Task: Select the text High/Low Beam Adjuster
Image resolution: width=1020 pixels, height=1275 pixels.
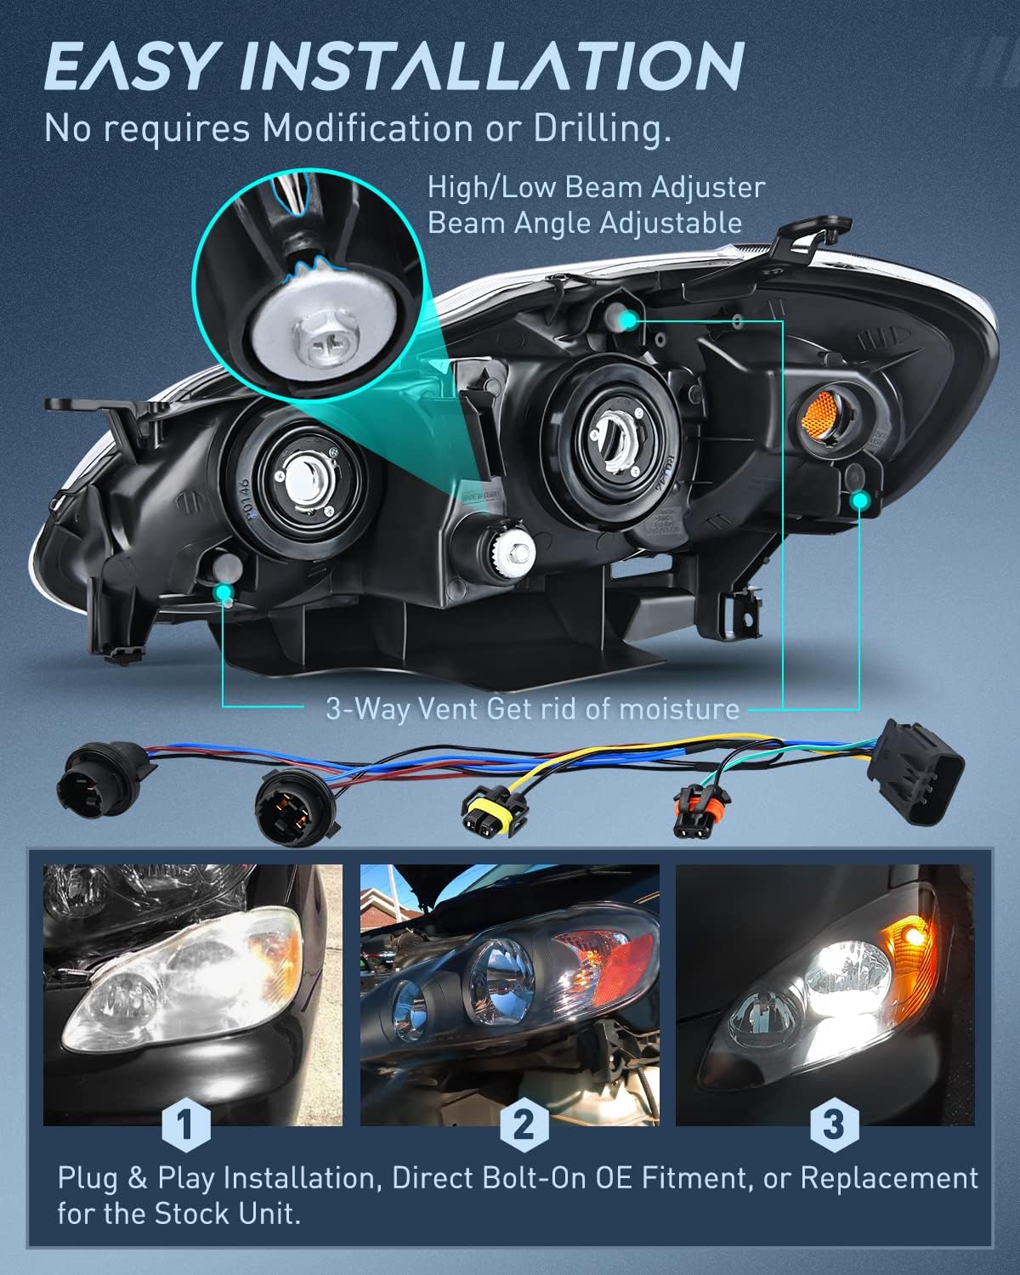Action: point(596,187)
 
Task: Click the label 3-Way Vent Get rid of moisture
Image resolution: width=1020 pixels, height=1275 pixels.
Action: point(533,707)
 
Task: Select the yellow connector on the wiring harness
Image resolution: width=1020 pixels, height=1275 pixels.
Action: point(484,805)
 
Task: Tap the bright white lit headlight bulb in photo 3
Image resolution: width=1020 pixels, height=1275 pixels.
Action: point(837,969)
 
